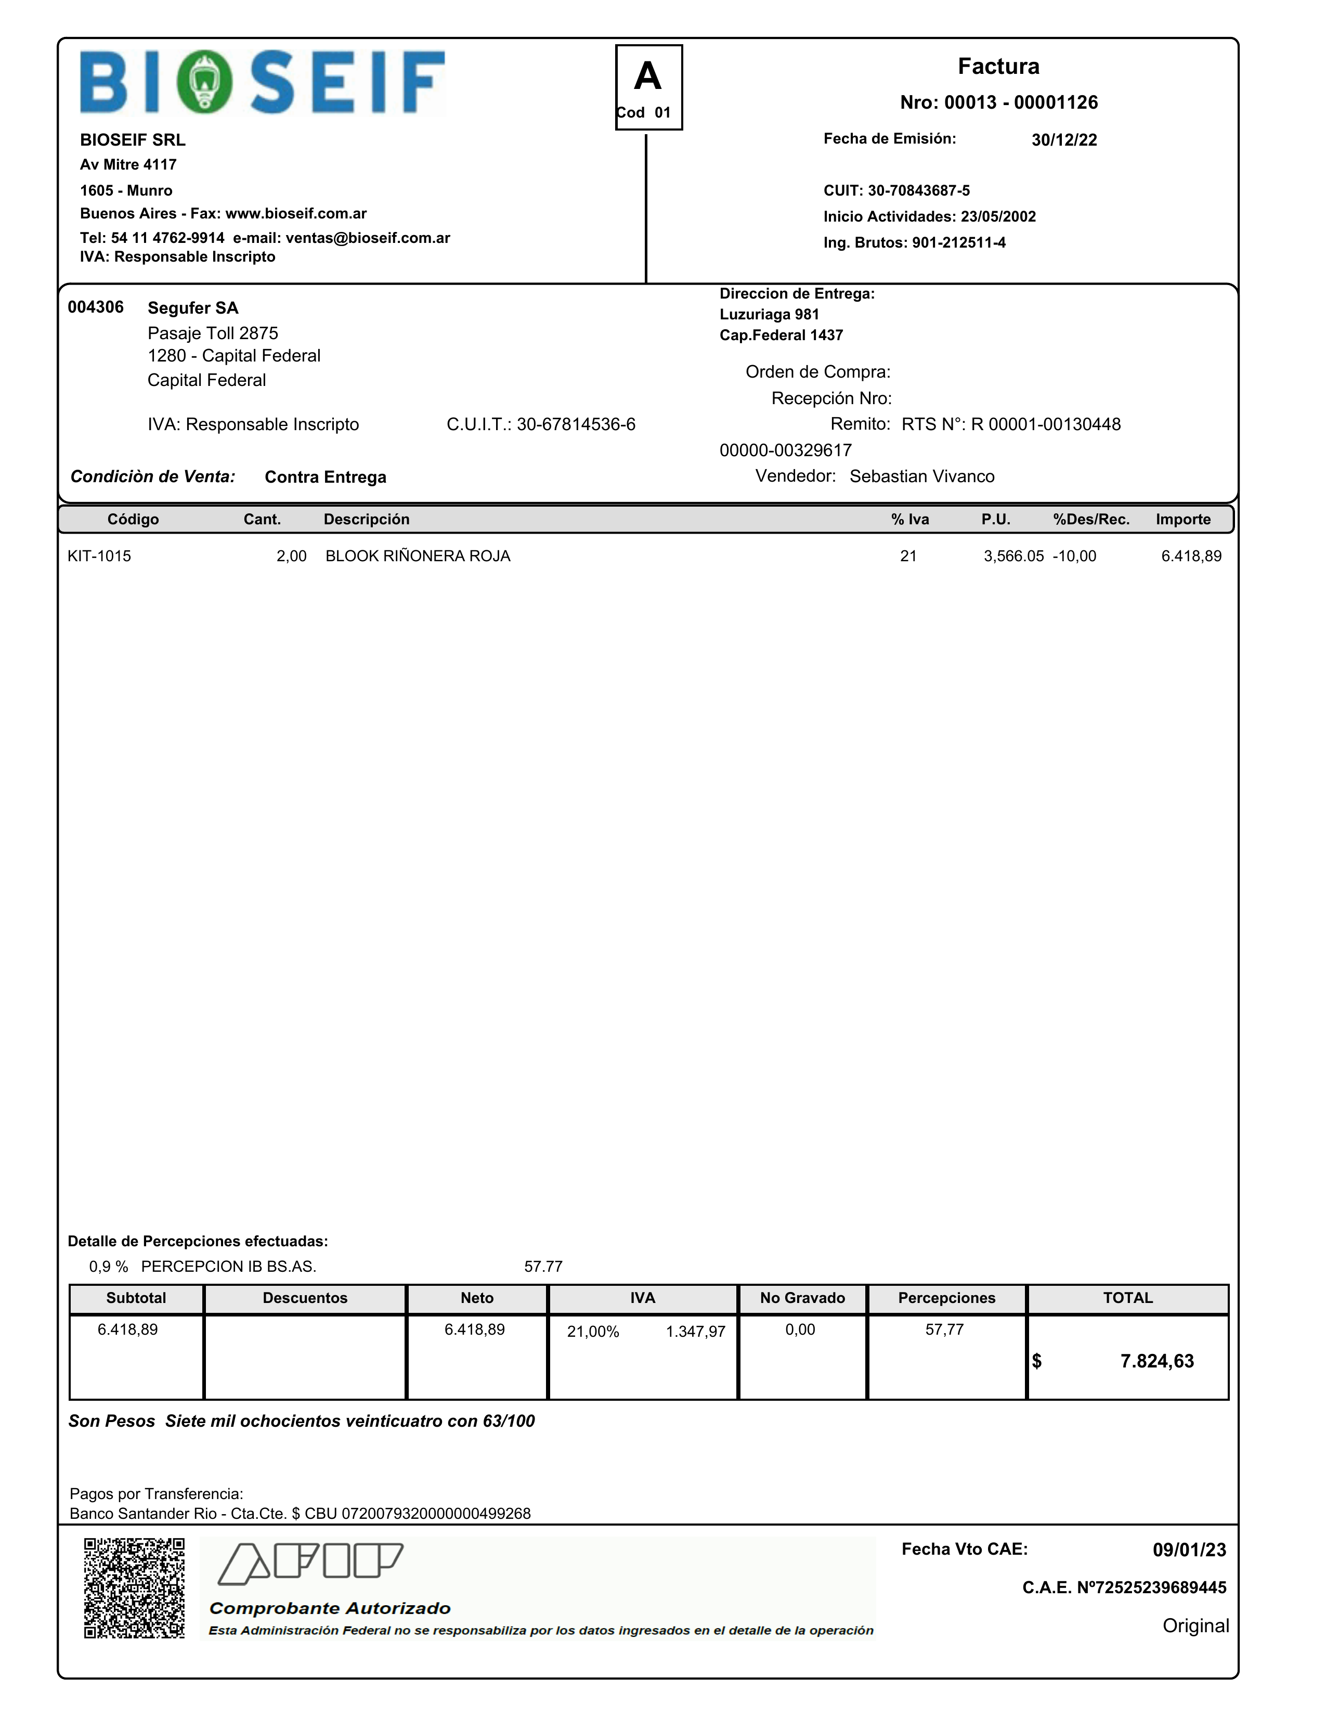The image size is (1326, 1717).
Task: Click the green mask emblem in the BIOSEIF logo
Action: (x=204, y=82)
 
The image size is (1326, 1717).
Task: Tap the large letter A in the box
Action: (x=648, y=77)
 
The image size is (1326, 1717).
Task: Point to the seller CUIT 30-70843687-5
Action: (x=918, y=191)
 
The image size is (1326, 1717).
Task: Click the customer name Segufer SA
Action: (x=192, y=308)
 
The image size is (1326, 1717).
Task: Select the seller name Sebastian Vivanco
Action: (x=921, y=476)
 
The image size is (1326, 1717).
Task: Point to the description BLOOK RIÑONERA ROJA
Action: (x=418, y=557)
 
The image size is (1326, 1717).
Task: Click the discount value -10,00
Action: (x=1074, y=557)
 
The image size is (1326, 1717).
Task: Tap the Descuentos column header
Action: (x=305, y=1298)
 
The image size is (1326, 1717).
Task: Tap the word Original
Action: (x=1195, y=1626)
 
